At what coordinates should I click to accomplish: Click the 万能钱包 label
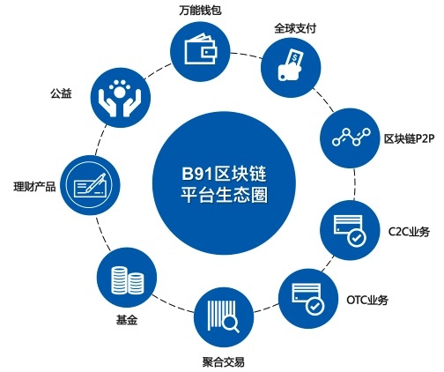(x=200, y=11)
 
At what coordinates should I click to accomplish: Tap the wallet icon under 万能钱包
(x=201, y=49)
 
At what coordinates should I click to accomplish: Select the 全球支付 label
(x=295, y=28)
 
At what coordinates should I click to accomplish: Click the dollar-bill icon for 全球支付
(x=291, y=65)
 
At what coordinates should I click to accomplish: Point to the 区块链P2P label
(x=410, y=138)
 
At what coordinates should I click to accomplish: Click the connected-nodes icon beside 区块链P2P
(x=351, y=137)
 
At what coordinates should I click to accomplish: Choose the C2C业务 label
(x=409, y=232)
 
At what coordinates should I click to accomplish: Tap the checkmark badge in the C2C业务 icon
(x=357, y=238)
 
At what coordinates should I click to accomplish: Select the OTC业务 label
(x=367, y=300)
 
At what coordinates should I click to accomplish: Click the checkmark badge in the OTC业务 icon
(x=315, y=306)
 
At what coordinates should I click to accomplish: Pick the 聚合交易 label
(x=223, y=362)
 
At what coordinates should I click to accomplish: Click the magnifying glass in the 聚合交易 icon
(x=231, y=324)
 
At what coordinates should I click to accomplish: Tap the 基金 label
(x=127, y=320)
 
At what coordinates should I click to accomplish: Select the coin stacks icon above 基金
(x=128, y=280)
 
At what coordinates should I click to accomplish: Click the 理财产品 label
(x=34, y=187)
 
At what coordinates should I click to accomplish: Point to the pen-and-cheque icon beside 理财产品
(x=90, y=185)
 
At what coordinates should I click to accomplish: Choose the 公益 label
(x=61, y=93)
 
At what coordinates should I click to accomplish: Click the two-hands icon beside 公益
(x=120, y=98)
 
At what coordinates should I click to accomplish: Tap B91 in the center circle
(x=197, y=174)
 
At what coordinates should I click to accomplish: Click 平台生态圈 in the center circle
(x=224, y=195)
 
